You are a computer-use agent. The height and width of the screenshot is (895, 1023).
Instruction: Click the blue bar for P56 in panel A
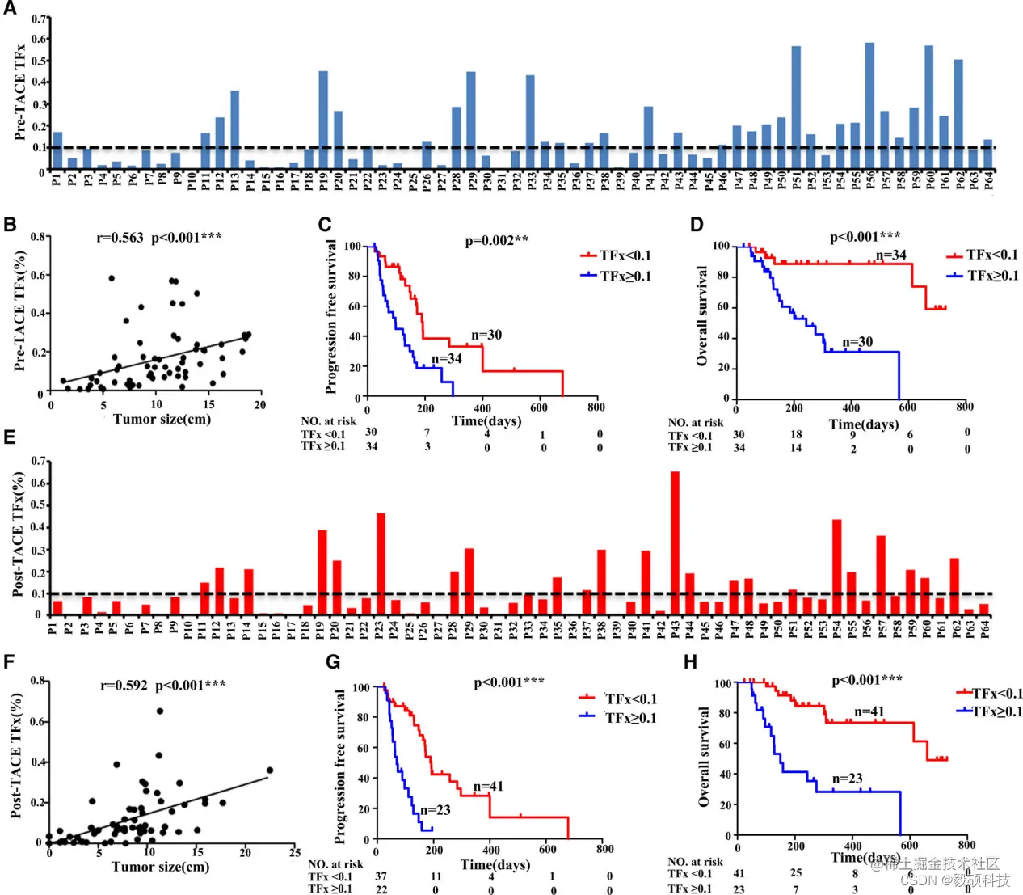[869, 105]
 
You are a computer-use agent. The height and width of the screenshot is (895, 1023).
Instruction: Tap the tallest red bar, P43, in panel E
[675, 542]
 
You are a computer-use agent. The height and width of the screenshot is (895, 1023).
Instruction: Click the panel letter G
[333, 662]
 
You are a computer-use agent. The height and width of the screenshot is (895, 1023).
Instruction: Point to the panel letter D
[697, 225]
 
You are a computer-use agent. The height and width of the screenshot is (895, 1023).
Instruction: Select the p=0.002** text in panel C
[497, 241]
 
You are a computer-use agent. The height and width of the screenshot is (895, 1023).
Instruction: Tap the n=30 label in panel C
[486, 335]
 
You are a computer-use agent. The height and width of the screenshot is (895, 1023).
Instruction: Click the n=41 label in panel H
[869, 711]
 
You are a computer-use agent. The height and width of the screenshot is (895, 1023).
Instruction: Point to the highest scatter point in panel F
[160, 711]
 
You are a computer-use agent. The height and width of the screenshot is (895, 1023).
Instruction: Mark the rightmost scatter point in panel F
[270, 770]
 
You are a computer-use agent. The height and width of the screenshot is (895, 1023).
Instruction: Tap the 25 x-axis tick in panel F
[295, 851]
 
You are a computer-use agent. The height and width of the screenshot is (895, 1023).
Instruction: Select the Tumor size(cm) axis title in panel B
[162, 419]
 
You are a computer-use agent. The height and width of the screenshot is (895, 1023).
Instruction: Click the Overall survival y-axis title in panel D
[701, 315]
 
